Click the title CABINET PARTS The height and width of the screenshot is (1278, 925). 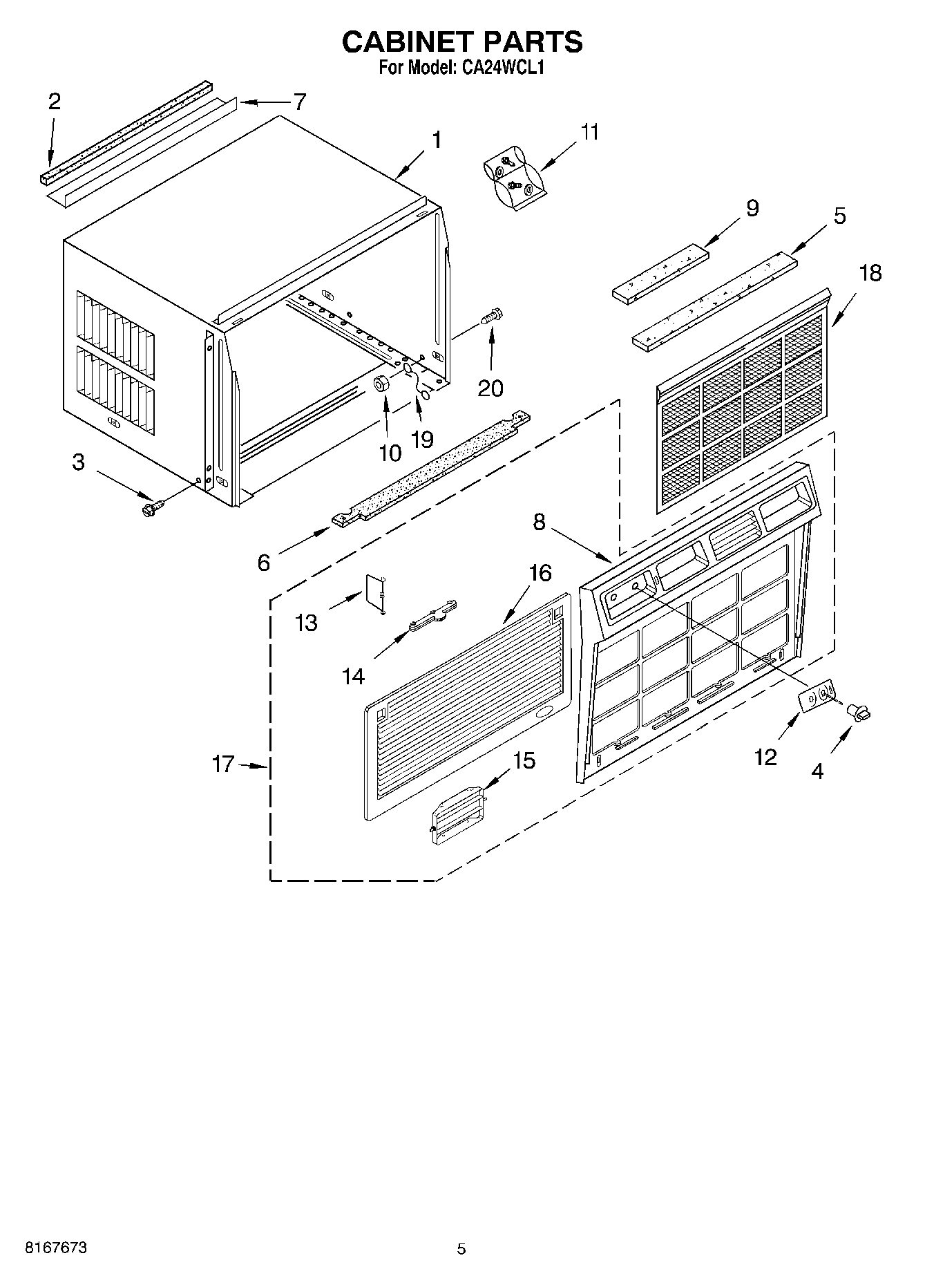point(462,41)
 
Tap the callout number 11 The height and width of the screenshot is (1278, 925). point(589,131)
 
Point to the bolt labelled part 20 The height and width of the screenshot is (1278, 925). point(492,317)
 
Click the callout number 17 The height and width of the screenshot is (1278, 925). point(222,764)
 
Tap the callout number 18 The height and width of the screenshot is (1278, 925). point(870,273)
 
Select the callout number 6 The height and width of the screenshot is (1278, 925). point(264,563)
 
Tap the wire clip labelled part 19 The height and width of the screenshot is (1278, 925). point(417,382)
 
